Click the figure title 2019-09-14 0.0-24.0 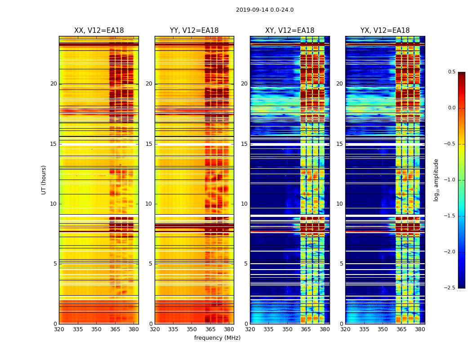(x=265, y=10)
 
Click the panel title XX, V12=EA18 (x=99, y=31)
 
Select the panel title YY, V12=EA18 (x=194, y=31)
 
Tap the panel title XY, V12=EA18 (x=289, y=31)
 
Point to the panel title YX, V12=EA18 (x=385, y=31)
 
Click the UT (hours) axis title (x=44, y=180)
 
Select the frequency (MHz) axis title (x=217, y=338)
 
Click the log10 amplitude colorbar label (x=436, y=180)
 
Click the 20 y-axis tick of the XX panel (x=53, y=84)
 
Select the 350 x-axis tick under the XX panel (x=97, y=329)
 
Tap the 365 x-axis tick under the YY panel (x=210, y=329)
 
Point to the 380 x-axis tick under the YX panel (x=420, y=329)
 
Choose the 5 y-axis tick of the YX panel (x=341, y=264)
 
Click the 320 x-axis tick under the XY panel (x=250, y=329)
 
